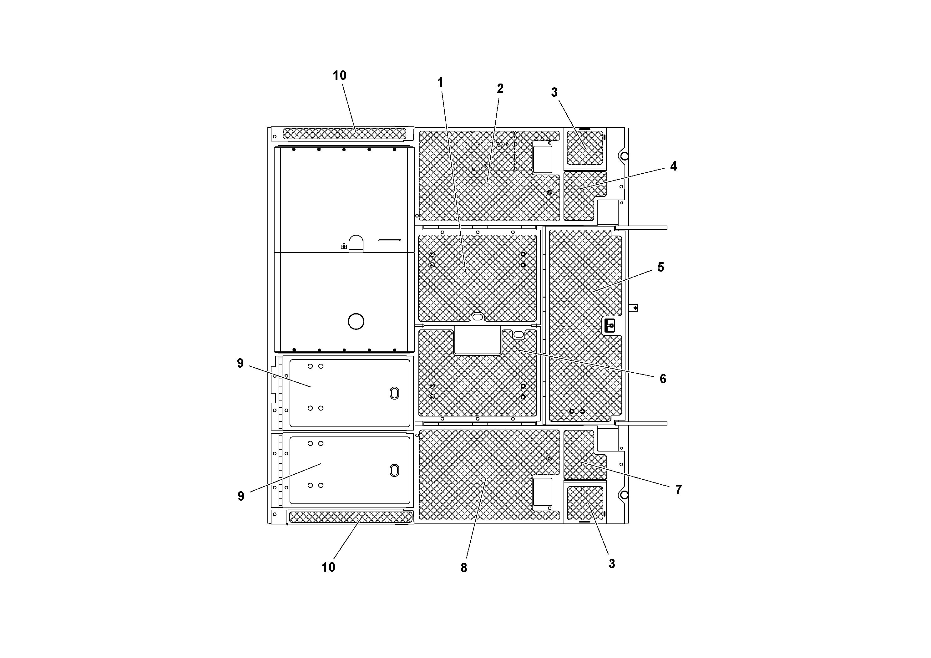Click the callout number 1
[x=440, y=83]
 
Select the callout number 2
[x=500, y=89]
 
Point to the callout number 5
[x=660, y=267]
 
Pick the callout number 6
[x=663, y=379]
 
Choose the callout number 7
[x=678, y=490]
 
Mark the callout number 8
[x=463, y=568]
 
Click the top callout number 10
[x=340, y=75]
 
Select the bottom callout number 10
[x=328, y=567]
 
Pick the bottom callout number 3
[x=611, y=564]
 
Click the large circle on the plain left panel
[x=356, y=321]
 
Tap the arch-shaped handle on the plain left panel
[x=356, y=243]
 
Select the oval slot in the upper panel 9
[x=394, y=393]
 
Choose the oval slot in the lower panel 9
[x=394, y=470]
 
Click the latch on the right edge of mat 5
[x=610, y=325]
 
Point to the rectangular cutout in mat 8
[x=542, y=491]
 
